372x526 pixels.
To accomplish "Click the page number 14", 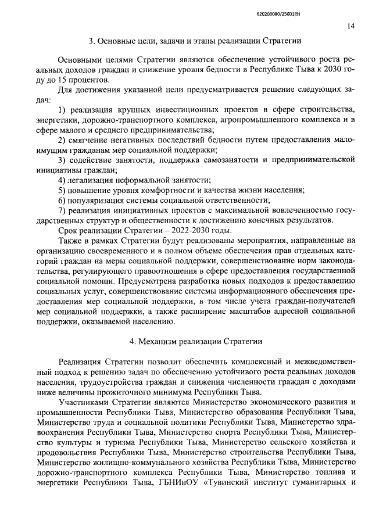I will point(351,26).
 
